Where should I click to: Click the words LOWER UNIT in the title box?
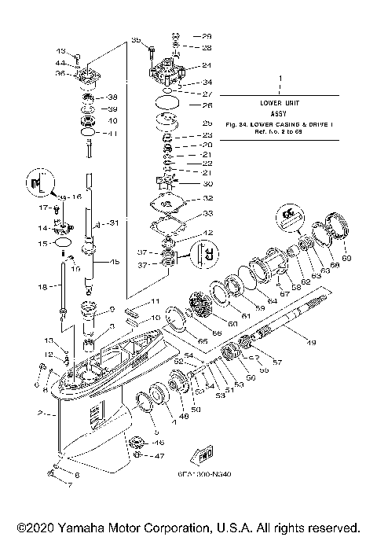[x=279, y=103]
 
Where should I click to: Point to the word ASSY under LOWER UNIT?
[x=279, y=113]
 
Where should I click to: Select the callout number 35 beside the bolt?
[x=134, y=39]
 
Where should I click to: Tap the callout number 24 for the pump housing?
[x=207, y=65]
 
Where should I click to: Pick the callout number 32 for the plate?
[x=207, y=198]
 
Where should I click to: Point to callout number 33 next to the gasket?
[x=207, y=214]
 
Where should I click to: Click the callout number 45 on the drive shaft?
[x=115, y=262]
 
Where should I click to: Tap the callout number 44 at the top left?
[x=60, y=63]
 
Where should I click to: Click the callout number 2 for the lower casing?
[x=39, y=413]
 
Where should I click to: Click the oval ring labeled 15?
[x=57, y=246]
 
